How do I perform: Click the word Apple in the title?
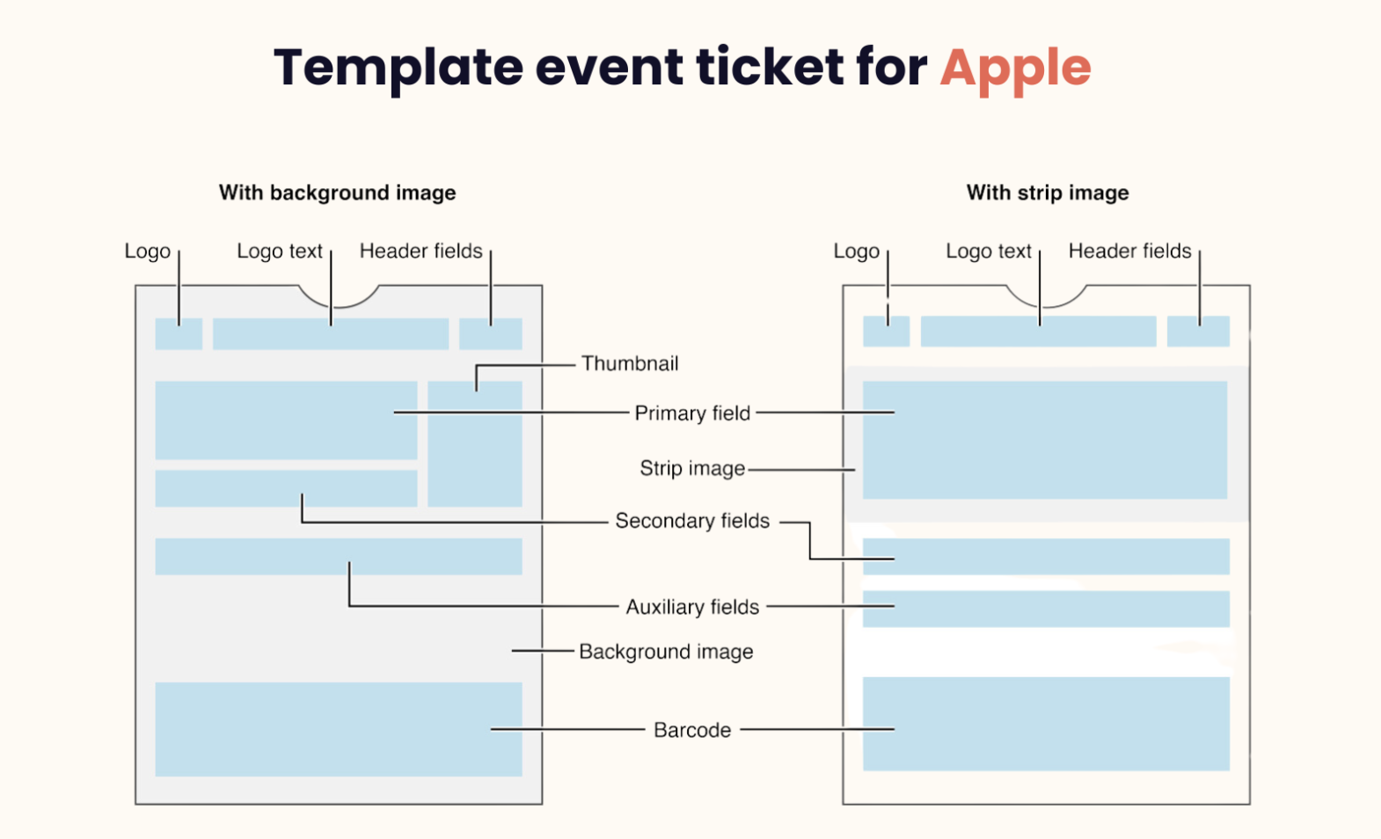tap(1015, 68)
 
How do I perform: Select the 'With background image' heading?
tap(337, 193)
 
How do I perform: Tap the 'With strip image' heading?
tap(1047, 193)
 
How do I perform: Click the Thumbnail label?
tap(629, 363)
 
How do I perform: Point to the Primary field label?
tap(692, 413)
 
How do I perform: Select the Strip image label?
tap(692, 469)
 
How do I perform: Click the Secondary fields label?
tap(692, 521)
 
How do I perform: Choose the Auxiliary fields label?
tap(692, 607)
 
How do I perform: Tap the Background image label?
tap(666, 652)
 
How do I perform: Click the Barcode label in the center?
tap(692, 730)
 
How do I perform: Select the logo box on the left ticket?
tap(179, 334)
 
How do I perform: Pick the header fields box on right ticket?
tap(1198, 332)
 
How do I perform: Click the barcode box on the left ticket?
tap(339, 729)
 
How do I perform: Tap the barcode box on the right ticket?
tap(1046, 724)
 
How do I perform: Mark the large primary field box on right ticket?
tap(1044, 440)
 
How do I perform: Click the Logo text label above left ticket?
tap(280, 252)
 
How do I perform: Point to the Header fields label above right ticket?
tap(1129, 252)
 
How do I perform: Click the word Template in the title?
tap(398, 68)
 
